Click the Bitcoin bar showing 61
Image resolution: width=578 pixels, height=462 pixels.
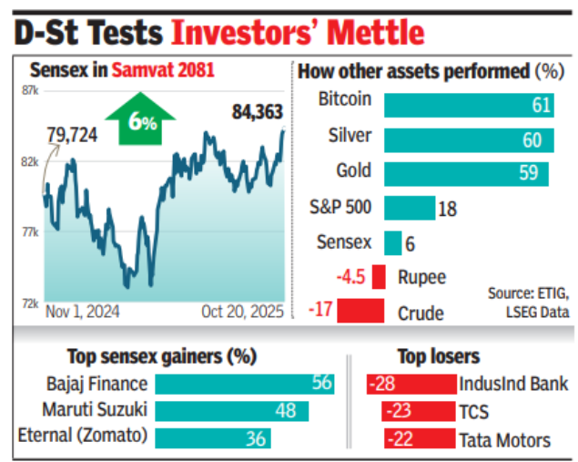point(469,105)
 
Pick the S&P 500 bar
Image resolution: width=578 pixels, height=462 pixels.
point(410,208)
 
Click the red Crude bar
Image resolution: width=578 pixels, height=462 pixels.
point(360,311)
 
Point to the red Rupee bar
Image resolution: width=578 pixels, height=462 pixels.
point(378,276)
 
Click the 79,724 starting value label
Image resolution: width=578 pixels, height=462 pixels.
point(73,136)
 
